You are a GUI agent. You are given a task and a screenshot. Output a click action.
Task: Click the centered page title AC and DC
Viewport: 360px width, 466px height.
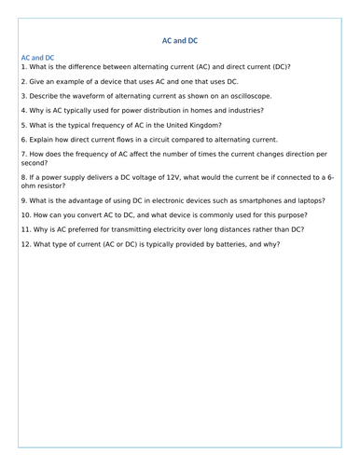click(180, 40)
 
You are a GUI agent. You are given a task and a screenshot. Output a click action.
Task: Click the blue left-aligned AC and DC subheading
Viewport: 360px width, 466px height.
click(37, 58)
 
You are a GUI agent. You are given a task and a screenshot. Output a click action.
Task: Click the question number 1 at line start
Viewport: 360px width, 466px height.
click(23, 67)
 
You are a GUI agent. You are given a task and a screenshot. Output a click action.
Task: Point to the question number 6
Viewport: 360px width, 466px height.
click(23, 139)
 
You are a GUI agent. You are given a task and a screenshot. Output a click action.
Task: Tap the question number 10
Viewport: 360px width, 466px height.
click(26, 214)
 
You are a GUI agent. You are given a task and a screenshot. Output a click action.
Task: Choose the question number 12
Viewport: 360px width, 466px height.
click(26, 244)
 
